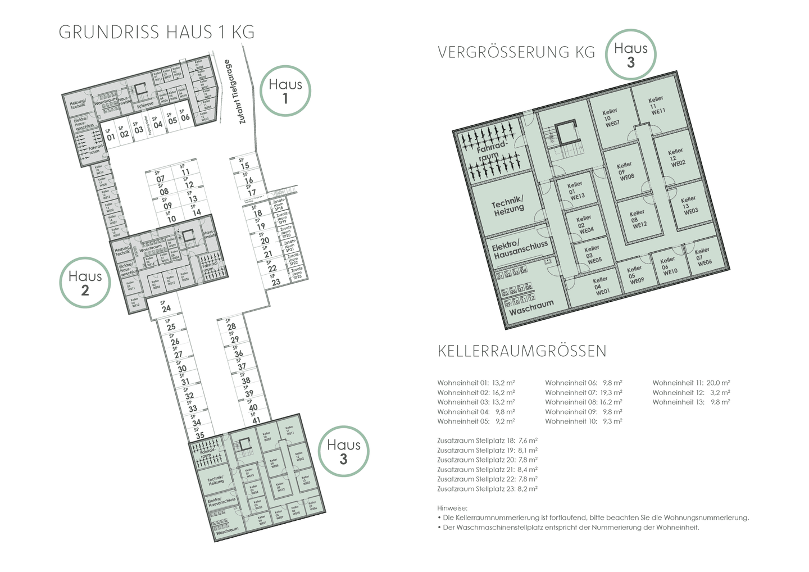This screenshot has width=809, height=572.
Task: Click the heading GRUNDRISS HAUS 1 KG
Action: tap(157, 32)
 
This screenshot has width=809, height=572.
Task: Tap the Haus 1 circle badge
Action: tap(285, 91)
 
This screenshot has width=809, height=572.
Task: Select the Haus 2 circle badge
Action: tap(85, 283)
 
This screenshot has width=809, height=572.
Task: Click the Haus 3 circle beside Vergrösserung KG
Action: tap(630, 55)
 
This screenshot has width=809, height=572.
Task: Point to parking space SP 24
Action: tap(165, 307)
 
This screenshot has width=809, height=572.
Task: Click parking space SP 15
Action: tap(244, 164)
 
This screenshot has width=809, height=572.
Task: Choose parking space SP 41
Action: tap(255, 418)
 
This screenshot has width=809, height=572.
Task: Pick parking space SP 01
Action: tap(110, 135)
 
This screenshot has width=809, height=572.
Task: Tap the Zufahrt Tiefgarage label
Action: tap(234, 92)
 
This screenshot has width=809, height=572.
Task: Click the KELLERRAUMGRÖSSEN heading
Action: tap(522, 351)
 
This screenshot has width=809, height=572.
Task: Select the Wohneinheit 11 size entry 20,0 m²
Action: tap(691, 383)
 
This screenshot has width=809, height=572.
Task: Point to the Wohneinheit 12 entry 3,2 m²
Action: tap(691, 392)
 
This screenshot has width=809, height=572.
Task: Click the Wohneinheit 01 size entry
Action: tap(476, 383)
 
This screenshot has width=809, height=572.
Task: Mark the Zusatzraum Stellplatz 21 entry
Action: tap(487, 469)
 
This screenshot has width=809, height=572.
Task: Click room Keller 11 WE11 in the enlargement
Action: tap(656, 105)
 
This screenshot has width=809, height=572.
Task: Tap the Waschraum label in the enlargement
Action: tap(531, 307)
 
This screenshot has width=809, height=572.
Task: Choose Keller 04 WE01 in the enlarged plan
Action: tap(601, 285)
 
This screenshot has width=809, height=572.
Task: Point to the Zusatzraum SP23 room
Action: tap(297, 274)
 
